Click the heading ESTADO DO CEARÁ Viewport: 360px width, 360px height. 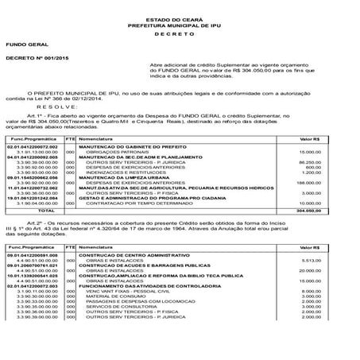tap(178, 18)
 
